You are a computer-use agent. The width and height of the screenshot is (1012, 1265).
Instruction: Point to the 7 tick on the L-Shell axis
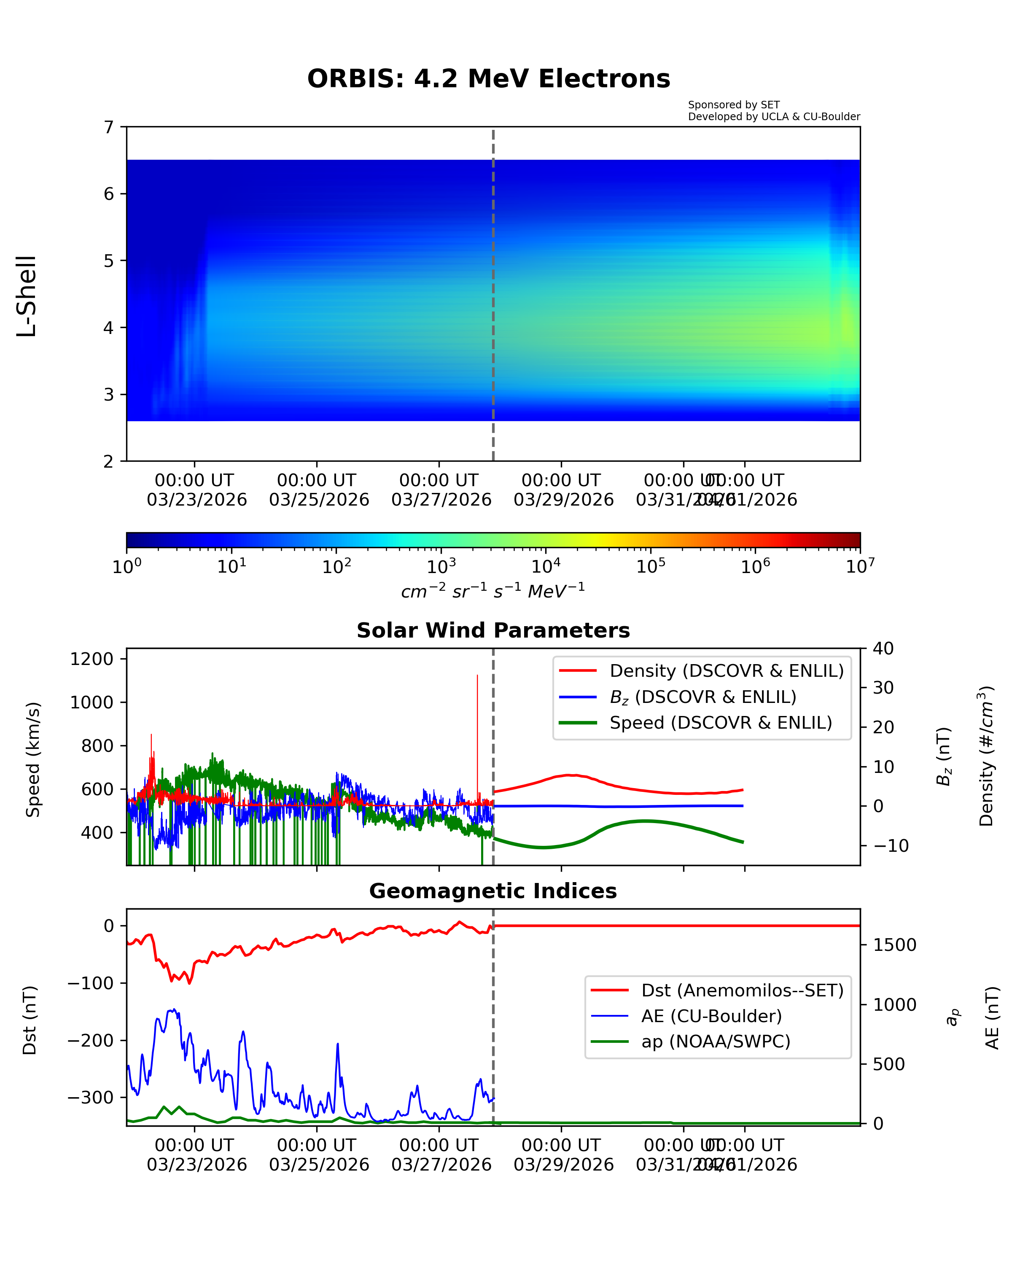coord(109,127)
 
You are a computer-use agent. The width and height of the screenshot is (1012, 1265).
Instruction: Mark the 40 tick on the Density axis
coord(883,649)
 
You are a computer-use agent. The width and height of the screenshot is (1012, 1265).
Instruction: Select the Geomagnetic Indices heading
coord(493,891)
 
